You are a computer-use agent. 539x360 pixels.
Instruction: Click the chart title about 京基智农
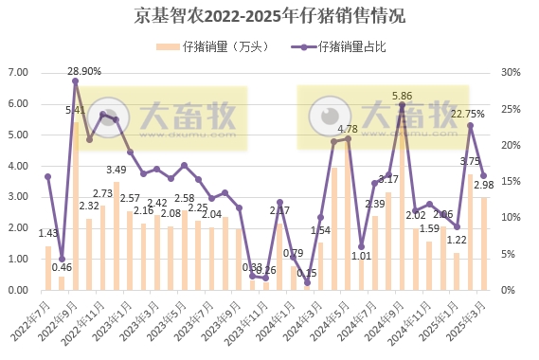[270, 16]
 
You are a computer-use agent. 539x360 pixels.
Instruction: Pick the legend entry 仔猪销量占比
[352, 45]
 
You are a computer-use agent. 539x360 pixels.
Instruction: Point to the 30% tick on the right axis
[511, 72]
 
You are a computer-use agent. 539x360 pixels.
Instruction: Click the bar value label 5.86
[403, 96]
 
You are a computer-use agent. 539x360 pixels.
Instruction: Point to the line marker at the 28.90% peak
[75, 81]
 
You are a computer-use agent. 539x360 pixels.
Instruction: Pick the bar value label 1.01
[361, 255]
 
